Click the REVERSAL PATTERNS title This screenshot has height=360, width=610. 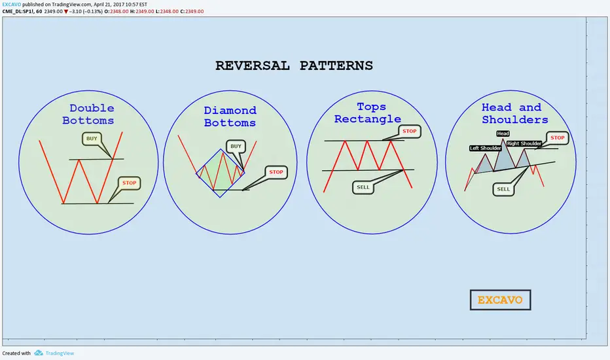click(x=294, y=65)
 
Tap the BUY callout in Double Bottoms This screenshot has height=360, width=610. click(x=92, y=139)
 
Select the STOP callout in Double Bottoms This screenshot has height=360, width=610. click(x=129, y=183)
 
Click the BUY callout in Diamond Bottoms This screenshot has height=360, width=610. click(x=236, y=147)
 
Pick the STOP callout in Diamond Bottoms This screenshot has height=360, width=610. click(x=276, y=172)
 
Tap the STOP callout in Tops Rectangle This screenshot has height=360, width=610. click(x=409, y=131)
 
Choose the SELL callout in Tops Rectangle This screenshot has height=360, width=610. click(x=363, y=187)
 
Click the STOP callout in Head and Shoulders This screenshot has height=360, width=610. click(x=558, y=137)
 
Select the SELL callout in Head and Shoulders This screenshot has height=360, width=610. click(x=503, y=189)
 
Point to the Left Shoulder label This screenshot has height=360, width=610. click(x=485, y=149)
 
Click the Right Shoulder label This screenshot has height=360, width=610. click(x=524, y=143)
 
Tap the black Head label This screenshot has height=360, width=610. click(x=503, y=134)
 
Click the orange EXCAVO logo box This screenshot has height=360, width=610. click(x=500, y=300)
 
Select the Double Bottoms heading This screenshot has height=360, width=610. click(x=88, y=114)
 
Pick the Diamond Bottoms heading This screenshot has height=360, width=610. click(x=230, y=117)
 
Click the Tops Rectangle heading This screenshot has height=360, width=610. click(x=368, y=113)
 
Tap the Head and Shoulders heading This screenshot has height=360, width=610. click(x=514, y=113)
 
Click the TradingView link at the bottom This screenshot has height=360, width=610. click(x=60, y=353)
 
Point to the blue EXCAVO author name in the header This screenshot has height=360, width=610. click(x=12, y=5)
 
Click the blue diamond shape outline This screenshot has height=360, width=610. click(x=207, y=161)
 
